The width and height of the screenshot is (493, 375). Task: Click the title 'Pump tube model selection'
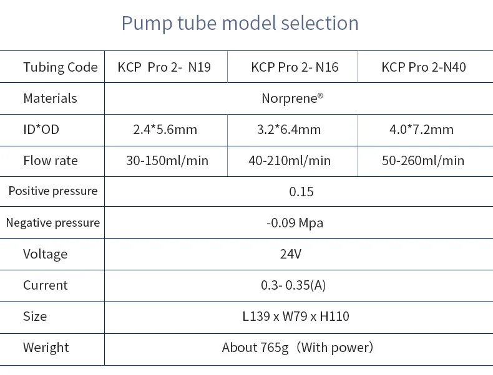(x=240, y=23)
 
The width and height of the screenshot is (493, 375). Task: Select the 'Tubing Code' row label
(x=61, y=67)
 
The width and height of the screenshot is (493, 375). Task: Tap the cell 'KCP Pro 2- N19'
(x=164, y=67)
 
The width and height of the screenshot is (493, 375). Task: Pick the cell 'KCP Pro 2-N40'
(x=424, y=67)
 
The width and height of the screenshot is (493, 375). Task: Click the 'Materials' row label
(x=50, y=98)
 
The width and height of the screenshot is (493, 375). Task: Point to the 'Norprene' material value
(x=293, y=98)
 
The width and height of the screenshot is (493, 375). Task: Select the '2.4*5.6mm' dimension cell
(x=165, y=130)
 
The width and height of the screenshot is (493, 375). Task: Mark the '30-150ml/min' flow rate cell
(x=167, y=161)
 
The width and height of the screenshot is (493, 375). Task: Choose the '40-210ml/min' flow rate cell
(x=290, y=161)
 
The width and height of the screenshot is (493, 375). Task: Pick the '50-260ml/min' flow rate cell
(x=423, y=161)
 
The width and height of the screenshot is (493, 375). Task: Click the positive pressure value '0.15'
(x=301, y=192)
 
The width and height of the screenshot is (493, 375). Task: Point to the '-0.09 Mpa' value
(x=295, y=223)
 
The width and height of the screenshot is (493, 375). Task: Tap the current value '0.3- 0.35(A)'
(x=293, y=285)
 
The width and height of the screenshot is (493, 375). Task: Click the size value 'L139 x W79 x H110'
(x=296, y=316)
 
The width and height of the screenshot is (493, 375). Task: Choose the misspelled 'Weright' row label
(x=46, y=348)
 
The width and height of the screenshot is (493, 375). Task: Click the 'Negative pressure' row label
(x=52, y=223)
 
